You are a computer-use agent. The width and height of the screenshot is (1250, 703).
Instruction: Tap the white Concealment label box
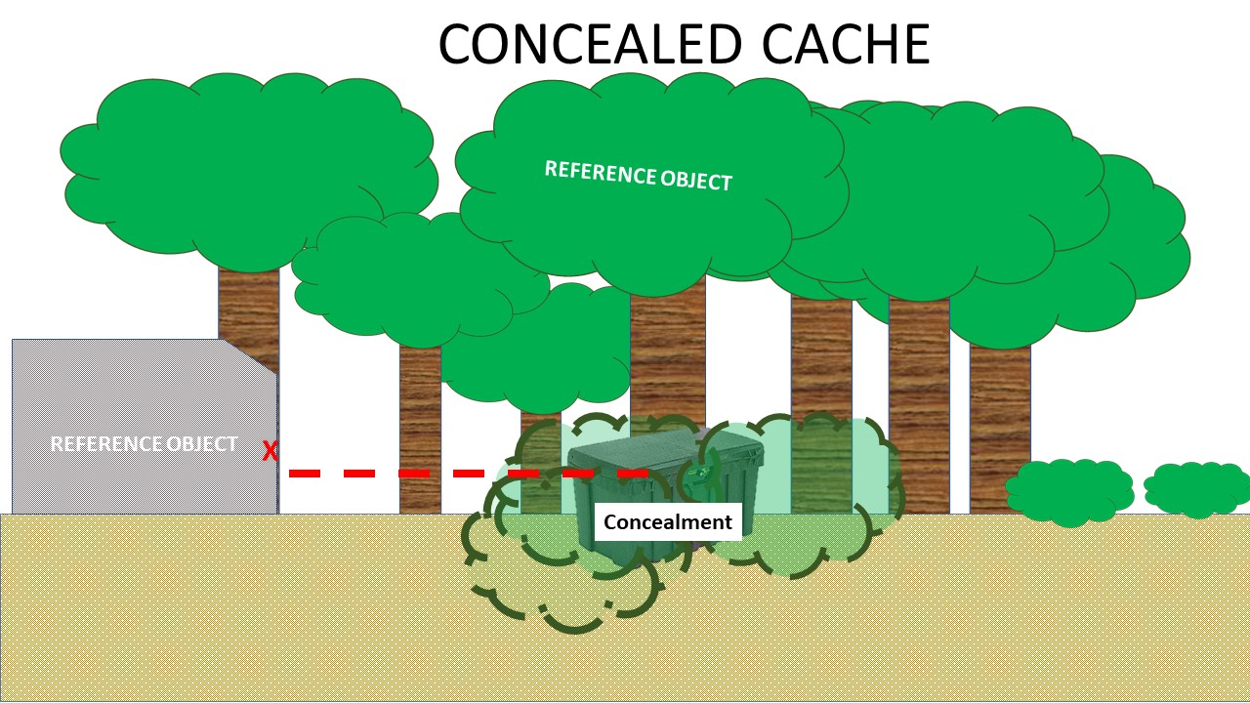point(668,522)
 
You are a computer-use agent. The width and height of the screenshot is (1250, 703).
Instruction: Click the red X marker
point(271,451)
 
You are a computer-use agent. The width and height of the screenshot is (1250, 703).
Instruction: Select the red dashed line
point(469,474)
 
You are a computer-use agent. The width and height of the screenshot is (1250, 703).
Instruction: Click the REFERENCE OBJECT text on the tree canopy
point(638,176)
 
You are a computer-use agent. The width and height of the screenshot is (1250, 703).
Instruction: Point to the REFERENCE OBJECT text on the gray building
point(144,444)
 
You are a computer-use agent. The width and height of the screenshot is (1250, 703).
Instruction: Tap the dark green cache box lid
point(668,454)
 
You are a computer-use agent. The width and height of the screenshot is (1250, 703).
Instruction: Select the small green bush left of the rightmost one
point(1069,491)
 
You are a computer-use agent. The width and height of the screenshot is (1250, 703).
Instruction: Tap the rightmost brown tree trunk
point(999,420)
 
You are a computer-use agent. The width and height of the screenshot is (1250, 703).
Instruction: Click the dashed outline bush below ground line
point(562,586)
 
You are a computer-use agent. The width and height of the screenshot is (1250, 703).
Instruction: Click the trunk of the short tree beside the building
point(420,430)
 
